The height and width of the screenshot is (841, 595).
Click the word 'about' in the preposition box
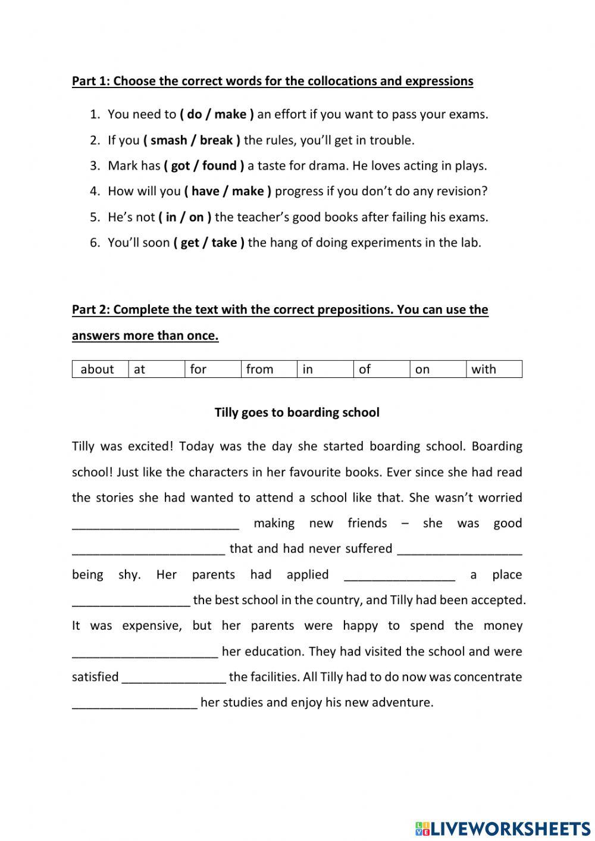coord(97,369)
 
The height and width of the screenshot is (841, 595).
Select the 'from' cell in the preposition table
coord(260,369)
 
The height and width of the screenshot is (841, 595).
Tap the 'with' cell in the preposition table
coord(484,369)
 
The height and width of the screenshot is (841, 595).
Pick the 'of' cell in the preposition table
coord(365,369)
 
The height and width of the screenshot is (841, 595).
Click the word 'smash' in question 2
coord(168,140)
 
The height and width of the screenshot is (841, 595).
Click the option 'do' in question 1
coord(195,114)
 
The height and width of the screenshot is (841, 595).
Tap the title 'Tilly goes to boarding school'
coord(297,412)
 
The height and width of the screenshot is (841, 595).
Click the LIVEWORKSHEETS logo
coord(503,828)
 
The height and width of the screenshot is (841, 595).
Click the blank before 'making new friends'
coord(155,524)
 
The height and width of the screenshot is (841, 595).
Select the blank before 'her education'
coord(145,652)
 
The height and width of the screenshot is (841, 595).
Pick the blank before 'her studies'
coord(134,704)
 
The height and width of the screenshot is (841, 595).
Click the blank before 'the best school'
coord(131,601)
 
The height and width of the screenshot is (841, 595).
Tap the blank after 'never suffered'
coord(459,550)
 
